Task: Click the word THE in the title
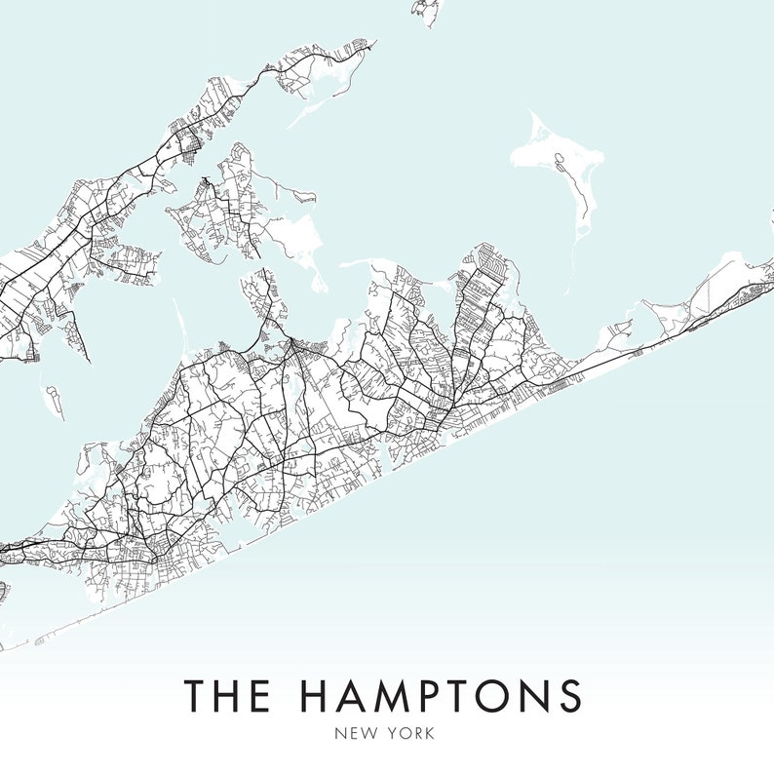click(x=227, y=695)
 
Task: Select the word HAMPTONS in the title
click(x=440, y=695)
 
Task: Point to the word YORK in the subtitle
click(x=413, y=733)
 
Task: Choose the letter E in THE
click(x=260, y=695)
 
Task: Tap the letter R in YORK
click(x=418, y=733)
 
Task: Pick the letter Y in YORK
click(x=395, y=733)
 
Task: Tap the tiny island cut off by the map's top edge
click(x=425, y=9)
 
